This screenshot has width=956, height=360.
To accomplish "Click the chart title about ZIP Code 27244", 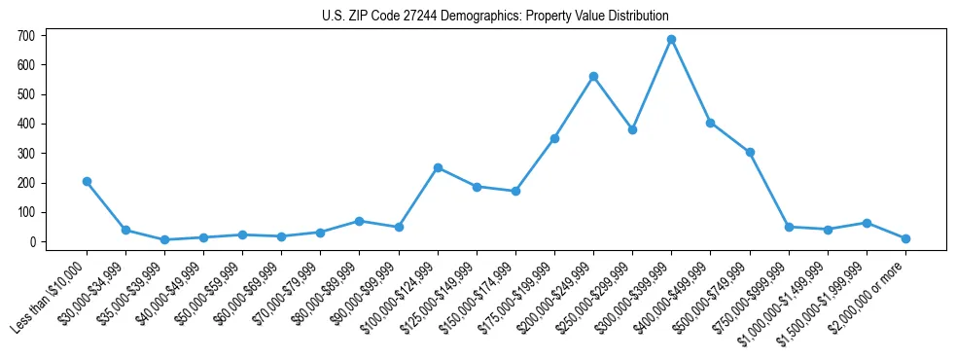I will tap(495, 16).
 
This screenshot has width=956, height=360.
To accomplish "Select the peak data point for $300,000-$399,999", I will tap(671, 39).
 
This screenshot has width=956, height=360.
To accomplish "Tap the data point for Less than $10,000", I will tap(87, 181).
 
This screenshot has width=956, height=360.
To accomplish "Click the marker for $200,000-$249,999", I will tap(593, 76).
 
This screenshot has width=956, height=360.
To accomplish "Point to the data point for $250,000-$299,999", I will tap(632, 129).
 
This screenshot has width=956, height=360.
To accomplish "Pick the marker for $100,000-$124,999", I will tap(438, 167).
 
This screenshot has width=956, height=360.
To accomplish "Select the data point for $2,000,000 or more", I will tap(905, 238).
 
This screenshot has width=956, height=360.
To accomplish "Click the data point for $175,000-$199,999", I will tap(554, 138).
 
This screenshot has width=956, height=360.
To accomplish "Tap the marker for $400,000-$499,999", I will tap(711, 123).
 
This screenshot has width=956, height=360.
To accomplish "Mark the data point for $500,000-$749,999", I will tap(750, 152).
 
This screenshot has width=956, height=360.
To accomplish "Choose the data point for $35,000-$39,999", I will tap(164, 239).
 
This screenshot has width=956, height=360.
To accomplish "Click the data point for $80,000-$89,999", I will tap(360, 221).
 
